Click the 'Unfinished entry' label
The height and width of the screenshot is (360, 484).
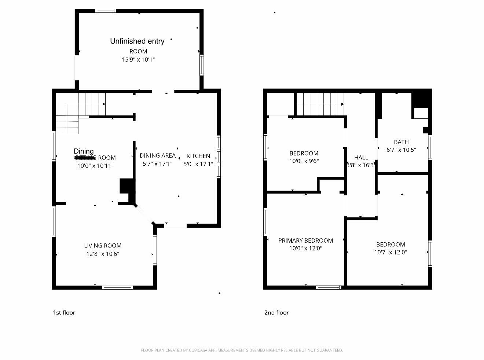point(137,41)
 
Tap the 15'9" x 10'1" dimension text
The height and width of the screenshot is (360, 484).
point(138,59)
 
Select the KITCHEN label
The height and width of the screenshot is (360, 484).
point(198,156)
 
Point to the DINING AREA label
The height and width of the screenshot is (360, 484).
point(157,155)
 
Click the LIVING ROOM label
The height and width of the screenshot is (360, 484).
point(103,246)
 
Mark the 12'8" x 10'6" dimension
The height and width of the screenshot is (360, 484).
point(103,254)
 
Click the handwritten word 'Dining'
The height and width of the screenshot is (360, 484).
point(84,151)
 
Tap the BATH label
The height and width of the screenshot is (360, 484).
point(401,142)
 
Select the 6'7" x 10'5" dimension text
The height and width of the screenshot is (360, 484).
point(401,150)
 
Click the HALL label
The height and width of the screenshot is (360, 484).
point(361,157)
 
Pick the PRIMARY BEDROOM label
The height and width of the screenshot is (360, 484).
point(305,240)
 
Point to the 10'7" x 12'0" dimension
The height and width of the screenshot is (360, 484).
point(390,252)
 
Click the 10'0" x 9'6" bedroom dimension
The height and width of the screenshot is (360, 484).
point(304,161)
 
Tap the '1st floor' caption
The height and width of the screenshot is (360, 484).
point(64,313)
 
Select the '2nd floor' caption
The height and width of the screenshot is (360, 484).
point(276,313)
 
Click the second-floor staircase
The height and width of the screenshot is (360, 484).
point(320,104)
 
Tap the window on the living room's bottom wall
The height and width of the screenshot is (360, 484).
point(117,287)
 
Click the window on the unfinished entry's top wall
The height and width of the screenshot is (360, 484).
point(106,11)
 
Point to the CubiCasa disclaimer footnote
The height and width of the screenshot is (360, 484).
point(242,350)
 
